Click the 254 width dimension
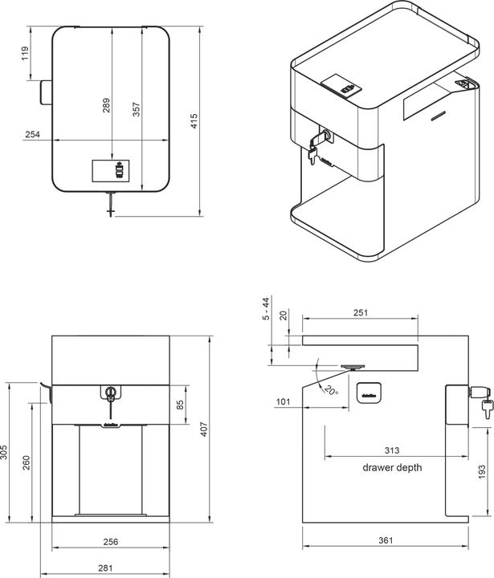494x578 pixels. click(x=32, y=134)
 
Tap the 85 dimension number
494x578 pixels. click(x=181, y=403)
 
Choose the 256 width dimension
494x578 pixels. click(x=111, y=542)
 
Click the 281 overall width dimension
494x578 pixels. click(x=105, y=568)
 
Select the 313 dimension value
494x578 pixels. click(x=392, y=451)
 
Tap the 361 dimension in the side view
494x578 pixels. click(x=386, y=541)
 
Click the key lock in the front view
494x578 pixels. click(x=111, y=393)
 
